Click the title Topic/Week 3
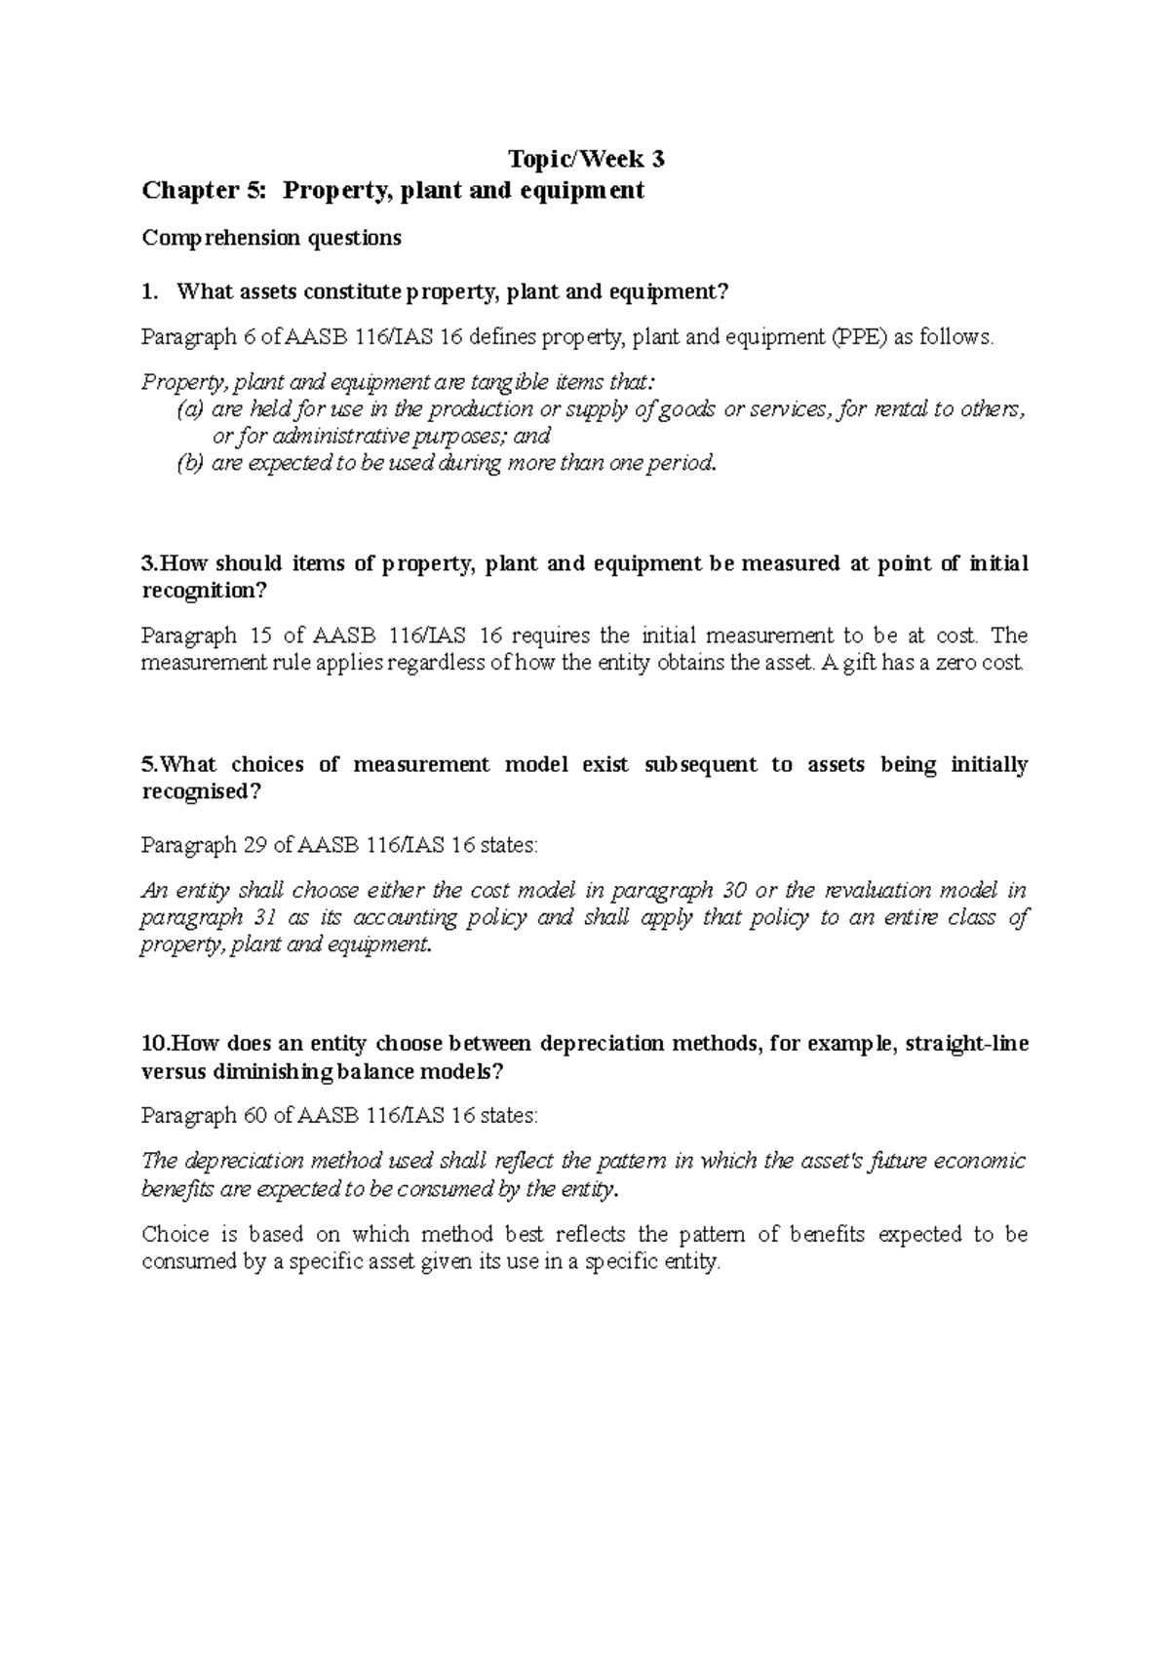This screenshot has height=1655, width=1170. [585, 159]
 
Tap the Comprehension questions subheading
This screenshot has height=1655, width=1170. [271, 238]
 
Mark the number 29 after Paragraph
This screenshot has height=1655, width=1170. [253, 845]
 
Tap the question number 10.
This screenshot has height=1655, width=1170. [154, 1044]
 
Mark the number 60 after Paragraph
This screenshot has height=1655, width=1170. [253, 1115]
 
